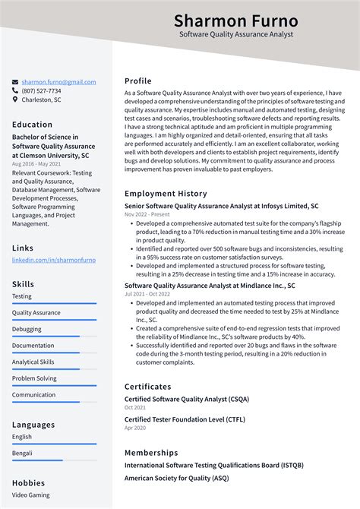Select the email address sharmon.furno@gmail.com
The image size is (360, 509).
click(x=58, y=82)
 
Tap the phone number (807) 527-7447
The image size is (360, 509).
click(x=43, y=90)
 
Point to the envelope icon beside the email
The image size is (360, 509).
click(x=15, y=82)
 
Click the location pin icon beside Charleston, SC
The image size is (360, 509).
click(x=15, y=100)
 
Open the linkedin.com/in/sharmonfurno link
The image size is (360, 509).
click(x=54, y=260)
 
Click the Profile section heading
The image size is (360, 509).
click(x=138, y=81)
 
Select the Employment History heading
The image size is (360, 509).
click(x=166, y=194)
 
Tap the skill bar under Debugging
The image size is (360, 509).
click(x=54, y=337)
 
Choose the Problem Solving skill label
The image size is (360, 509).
click(x=34, y=378)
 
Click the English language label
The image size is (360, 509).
click(x=22, y=437)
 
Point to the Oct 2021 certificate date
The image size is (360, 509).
click(x=135, y=408)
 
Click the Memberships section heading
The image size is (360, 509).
click(x=151, y=452)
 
